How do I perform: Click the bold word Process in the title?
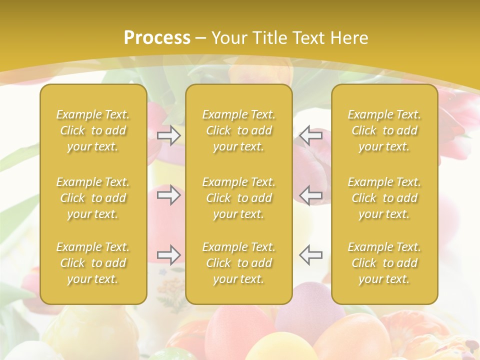click(x=157, y=38)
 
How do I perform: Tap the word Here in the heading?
click(x=349, y=38)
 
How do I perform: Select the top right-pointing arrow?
click(x=168, y=135)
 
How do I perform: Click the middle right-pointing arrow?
click(x=168, y=195)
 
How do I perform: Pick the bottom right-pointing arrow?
click(x=168, y=255)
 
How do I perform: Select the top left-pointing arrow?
click(x=311, y=135)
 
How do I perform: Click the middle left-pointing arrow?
click(x=311, y=195)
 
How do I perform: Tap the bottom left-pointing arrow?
click(x=311, y=255)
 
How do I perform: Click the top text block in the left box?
click(x=93, y=130)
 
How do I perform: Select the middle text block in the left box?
click(x=93, y=198)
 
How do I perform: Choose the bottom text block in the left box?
click(x=93, y=263)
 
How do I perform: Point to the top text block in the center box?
click(x=239, y=130)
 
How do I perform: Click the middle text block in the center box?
click(x=239, y=198)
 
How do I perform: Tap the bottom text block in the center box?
click(x=239, y=263)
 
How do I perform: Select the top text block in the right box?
click(x=384, y=130)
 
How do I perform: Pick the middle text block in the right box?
click(x=384, y=198)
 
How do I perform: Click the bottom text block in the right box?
click(x=384, y=263)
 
